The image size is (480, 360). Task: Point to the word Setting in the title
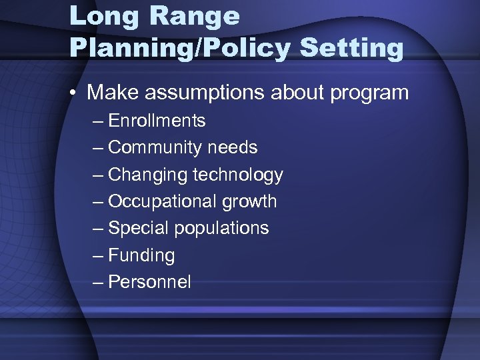(x=351, y=48)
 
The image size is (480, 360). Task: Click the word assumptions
(x=199, y=93)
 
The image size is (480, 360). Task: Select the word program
(x=367, y=93)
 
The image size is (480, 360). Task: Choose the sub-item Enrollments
(x=157, y=121)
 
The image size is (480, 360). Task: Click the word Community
(x=155, y=147)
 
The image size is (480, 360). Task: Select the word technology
(x=238, y=175)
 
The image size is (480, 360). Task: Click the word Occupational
(x=163, y=201)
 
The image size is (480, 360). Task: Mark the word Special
(x=138, y=228)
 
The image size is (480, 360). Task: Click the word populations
(x=221, y=229)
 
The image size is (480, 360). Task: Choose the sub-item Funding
(x=141, y=255)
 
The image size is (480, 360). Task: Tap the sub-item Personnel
(x=149, y=282)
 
